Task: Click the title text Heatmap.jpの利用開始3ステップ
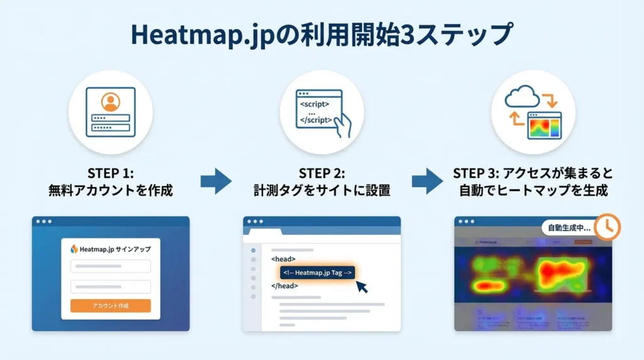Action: tap(321, 34)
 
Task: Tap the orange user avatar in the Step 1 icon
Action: tap(110, 101)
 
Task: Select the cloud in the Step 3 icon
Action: tap(521, 98)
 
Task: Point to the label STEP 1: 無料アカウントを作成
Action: tap(110, 182)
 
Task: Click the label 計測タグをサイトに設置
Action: tap(321, 190)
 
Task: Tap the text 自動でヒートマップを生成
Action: tap(533, 190)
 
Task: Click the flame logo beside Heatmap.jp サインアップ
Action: tap(74, 249)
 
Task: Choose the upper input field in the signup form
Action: tap(110, 266)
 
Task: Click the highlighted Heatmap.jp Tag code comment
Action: tap(318, 273)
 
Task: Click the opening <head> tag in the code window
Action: tap(283, 259)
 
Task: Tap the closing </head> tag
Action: tap(284, 286)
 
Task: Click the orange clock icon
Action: tap(607, 227)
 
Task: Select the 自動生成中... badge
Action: tap(566, 228)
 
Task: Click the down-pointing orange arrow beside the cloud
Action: tap(548, 100)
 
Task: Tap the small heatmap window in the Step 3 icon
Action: tap(544, 126)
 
